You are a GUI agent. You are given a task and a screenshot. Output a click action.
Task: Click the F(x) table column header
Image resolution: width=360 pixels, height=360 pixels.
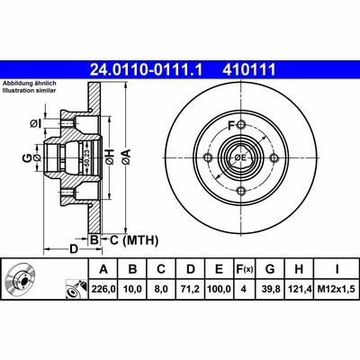click(x=242, y=269)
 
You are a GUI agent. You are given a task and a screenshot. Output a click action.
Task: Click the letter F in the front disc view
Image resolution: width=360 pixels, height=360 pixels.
click(x=231, y=124)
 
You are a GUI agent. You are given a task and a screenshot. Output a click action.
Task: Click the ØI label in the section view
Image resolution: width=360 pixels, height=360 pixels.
click(x=35, y=122)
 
